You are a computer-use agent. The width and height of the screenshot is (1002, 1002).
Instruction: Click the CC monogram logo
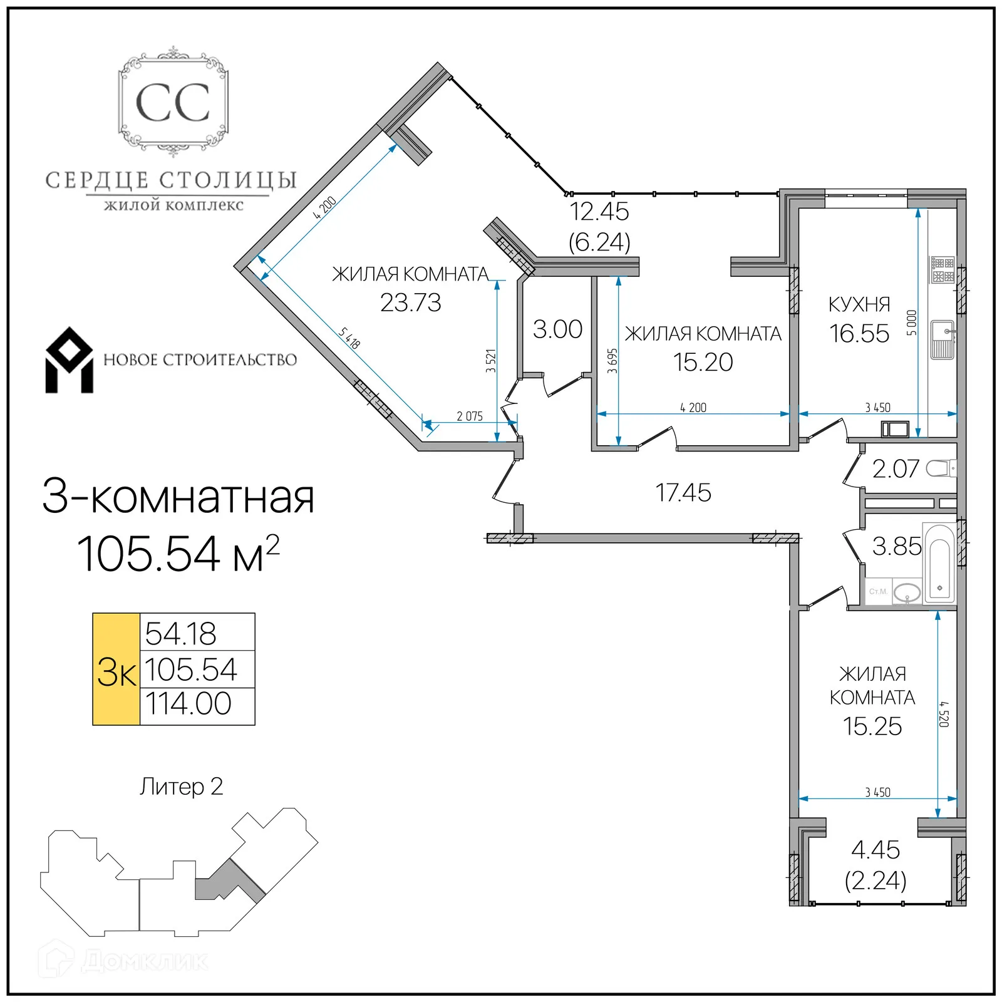click(x=173, y=102)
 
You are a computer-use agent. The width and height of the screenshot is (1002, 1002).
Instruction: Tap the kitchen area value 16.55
click(x=859, y=334)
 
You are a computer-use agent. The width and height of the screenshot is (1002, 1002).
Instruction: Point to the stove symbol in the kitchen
click(x=942, y=270)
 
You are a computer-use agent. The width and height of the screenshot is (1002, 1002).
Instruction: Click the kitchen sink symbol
click(x=942, y=339)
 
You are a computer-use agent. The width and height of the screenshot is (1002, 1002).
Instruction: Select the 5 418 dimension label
click(x=349, y=339)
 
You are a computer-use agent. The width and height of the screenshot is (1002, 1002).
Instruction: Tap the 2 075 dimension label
click(x=469, y=416)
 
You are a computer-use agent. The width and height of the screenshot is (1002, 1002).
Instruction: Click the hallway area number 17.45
click(x=683, y=493)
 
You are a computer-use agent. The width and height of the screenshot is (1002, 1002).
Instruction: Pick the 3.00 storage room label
click(x=557, y=329)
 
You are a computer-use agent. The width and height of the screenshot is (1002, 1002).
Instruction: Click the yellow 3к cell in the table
click(x=116, y=669)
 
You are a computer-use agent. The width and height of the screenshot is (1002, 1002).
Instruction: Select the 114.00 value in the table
click(x=189, y=704)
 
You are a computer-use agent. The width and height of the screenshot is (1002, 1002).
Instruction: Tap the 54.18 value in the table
click(x=180, y=634)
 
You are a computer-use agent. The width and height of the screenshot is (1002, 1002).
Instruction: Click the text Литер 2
click(x=181, y=787)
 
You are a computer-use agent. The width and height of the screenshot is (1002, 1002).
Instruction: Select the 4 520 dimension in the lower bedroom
click(x=944, y=714)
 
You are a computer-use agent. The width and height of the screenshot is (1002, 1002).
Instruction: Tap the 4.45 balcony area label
click(x=875, y=850)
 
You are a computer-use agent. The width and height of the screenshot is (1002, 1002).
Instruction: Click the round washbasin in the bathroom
click(x=906, y=592)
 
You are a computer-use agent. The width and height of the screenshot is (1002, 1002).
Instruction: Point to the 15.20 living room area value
click(x=703, y=363)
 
